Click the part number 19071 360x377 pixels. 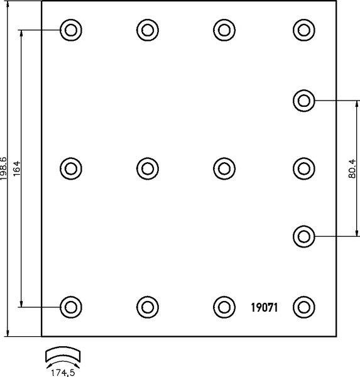pos(264,307)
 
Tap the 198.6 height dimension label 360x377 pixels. pos(4,168)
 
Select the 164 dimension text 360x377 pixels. pos(17,168)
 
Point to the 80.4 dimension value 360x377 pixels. pos(352,168)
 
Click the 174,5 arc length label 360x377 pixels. pos(63,373)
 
